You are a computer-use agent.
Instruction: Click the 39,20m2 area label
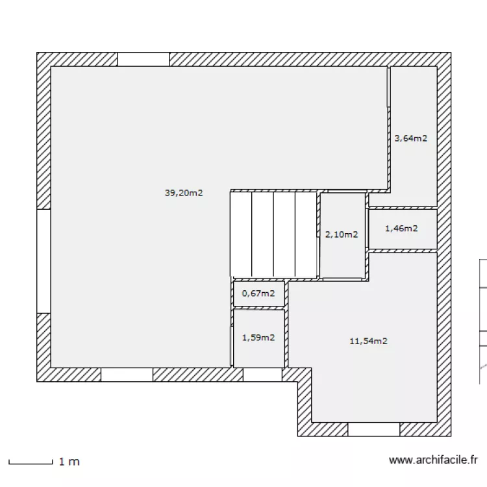tap(184, 193)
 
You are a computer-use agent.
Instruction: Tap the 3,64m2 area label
tap(410, 138)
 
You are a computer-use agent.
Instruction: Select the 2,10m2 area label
tap(342, 234)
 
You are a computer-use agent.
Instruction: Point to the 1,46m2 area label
tap(401, 229)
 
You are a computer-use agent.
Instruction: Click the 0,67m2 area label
tap(258, 293)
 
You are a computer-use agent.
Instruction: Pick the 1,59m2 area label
tap(258, 337)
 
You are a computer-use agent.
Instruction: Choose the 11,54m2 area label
tap(368, 341)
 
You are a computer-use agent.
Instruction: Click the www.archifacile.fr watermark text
tap(433, 460)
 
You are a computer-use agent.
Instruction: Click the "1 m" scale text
tap(69, 462)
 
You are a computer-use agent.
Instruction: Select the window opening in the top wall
tap(144, 59)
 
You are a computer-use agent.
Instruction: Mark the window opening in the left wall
tap(44, 261)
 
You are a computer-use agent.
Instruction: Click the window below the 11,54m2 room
tap(373, 429)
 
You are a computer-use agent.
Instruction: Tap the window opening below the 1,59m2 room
tap(262, 375)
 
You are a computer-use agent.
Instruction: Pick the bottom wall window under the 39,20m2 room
tap(127, 375)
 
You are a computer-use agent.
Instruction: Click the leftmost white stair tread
tap(241, 234)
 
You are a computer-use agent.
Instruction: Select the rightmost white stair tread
tap(306, 234)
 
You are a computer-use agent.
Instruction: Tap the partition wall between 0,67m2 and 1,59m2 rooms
tap(258, 308)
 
